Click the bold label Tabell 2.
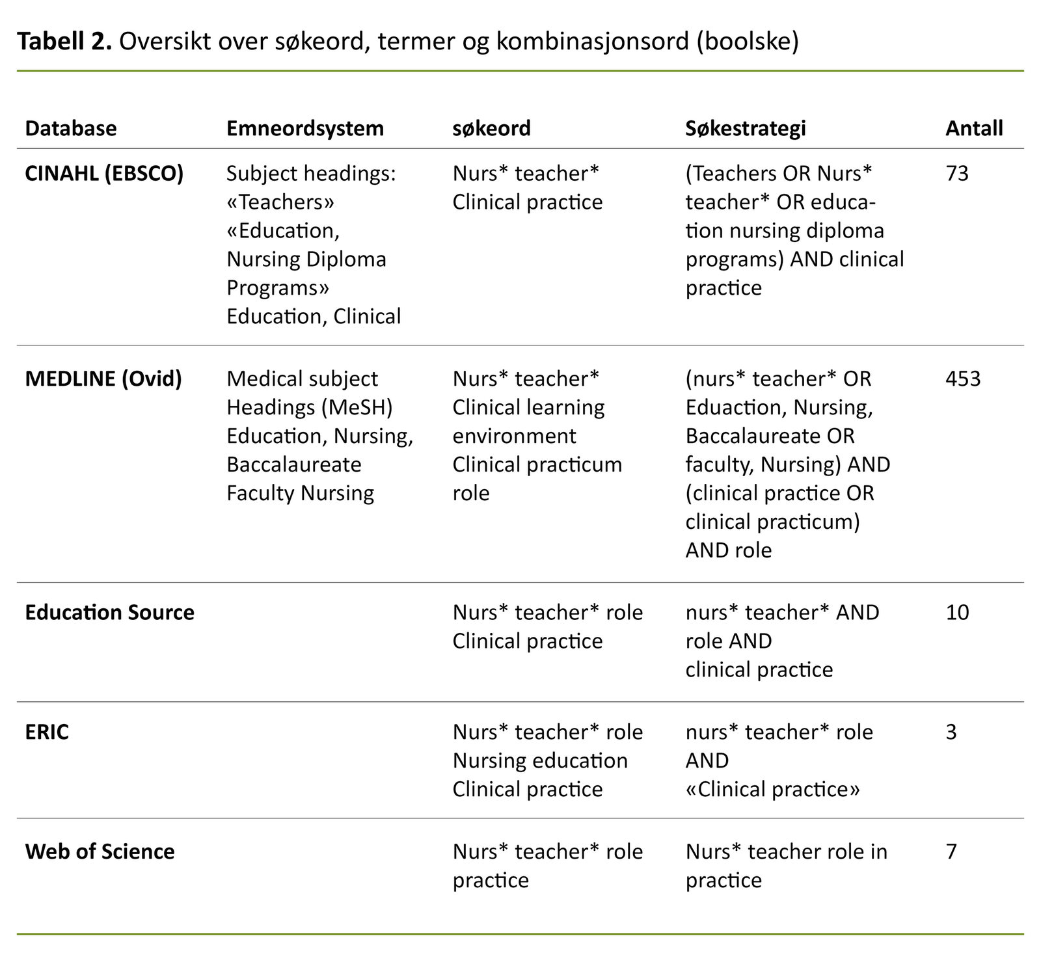pos(65,42)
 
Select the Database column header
pos(70,128)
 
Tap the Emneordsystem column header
pos(304,128)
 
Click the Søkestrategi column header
pos(745,128)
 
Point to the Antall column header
pos(973,128)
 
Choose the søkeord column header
pos(491,128)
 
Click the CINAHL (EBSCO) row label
pos(104,174)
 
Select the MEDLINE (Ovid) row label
pos(103,379)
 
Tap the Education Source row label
pos(109,613)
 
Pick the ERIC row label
pos(47,732)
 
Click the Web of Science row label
pos(100,852)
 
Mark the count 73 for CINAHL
pos(956,174)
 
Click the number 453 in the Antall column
pos(962,379)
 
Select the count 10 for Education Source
pos(956,613)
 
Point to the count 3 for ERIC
pos(951,732)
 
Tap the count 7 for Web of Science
pos(951,852)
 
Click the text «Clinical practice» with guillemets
pos(772,790)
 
